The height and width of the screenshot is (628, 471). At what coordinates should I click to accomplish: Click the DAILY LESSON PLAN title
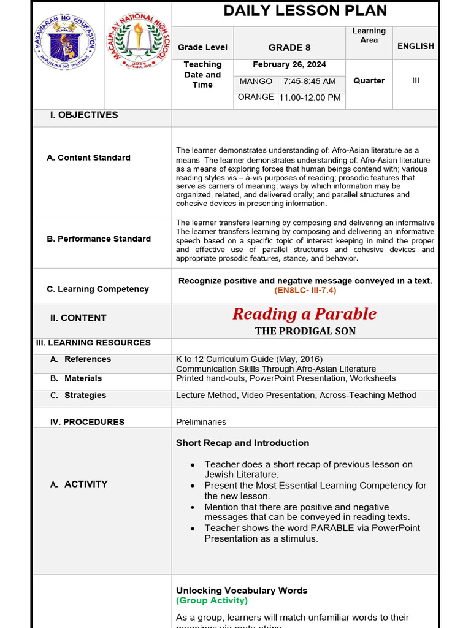[x=305, y=11]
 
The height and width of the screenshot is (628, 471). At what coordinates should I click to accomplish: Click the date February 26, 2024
[x=289, y=64]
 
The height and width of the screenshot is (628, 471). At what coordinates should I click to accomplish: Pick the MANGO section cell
[x=256, y=81]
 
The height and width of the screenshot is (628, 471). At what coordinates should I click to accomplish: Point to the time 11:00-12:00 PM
[x=310, y=98]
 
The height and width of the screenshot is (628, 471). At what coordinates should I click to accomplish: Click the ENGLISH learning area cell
[x=415, y=46]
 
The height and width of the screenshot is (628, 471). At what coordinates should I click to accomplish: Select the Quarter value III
[x=415, y=80]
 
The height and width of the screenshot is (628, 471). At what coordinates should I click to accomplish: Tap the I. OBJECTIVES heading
[x=84, y=115]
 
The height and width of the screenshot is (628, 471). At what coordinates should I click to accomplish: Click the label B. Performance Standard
[x=99, y=239]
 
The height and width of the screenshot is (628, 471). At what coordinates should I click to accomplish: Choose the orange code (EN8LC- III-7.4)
[x=305, y=290]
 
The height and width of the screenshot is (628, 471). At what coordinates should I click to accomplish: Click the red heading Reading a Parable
[x=305, y=314]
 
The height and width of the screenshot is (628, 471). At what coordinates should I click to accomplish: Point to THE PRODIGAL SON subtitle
[x=305, y=331]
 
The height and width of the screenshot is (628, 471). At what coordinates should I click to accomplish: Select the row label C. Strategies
[x=85, y=396]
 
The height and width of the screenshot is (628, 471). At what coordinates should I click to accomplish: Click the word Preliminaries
[x=201, y=422]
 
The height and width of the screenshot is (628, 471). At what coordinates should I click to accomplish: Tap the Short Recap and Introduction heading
[x=242, y=443]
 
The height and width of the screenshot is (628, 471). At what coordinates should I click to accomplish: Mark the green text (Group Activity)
[x=212, y=600]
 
